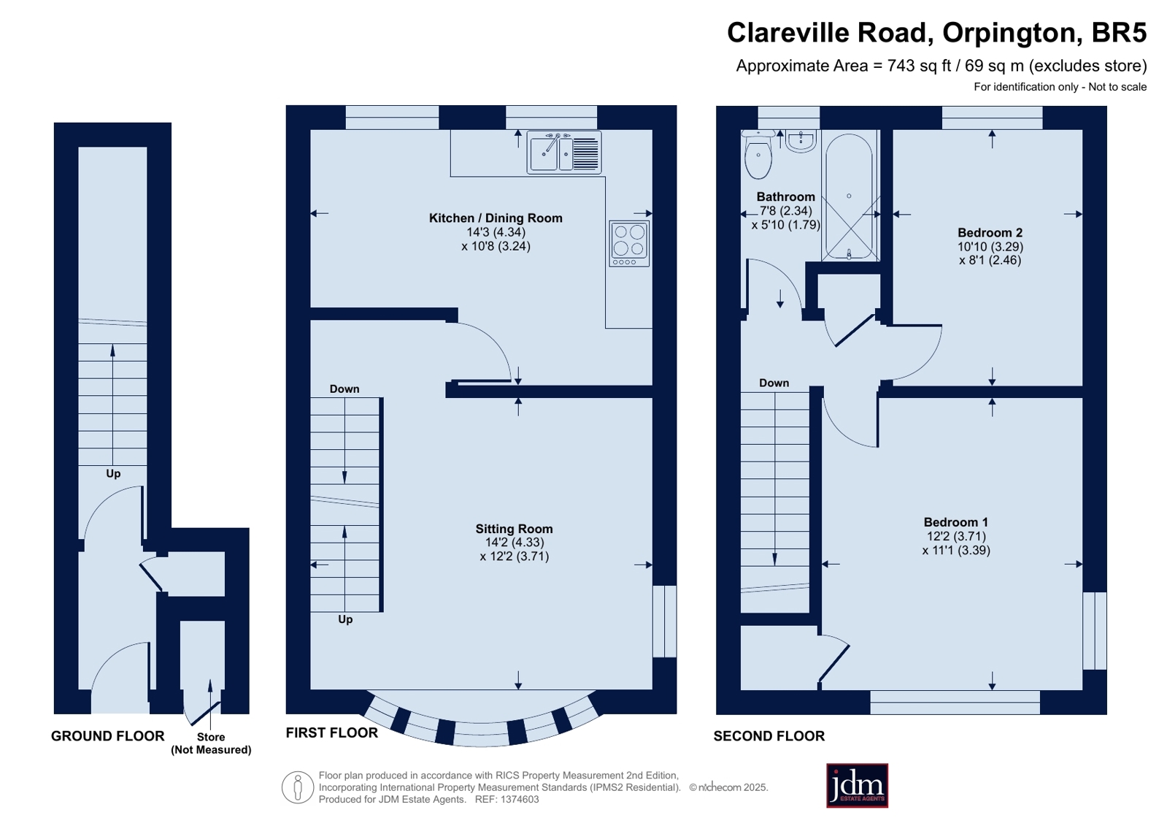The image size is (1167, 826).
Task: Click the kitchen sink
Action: point(563,152)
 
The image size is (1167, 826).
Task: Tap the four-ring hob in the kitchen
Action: point(629,243)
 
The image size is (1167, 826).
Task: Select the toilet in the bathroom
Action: point(758,154)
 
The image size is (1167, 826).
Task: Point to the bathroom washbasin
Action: point(800,141)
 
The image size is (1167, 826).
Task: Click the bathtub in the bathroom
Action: point(850,196)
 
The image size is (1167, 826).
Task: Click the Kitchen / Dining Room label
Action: point(496,218)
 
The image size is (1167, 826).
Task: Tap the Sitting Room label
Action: point(514,529)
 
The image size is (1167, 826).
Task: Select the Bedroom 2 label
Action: point(990,232)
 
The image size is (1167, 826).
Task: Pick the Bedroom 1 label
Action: point(956,522)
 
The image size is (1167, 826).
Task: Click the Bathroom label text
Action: point(785,196)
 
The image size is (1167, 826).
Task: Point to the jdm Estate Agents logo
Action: point(857,785)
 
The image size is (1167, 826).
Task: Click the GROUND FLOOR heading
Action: point(108,735)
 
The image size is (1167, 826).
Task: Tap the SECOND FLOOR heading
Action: point(769,735)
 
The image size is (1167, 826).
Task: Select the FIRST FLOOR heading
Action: point(332,733)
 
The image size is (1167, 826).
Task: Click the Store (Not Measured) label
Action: point(211,743)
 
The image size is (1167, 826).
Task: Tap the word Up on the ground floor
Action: point(113,473)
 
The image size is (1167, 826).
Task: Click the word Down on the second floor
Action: point(774,383)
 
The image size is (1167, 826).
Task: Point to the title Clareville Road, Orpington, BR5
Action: point(936,32)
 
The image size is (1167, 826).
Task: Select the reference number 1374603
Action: point(520,799)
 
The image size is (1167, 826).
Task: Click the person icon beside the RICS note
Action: point(298,787)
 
